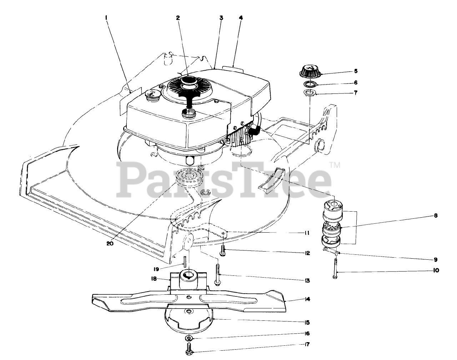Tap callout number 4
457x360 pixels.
[241, 17]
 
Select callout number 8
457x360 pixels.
[436, 216]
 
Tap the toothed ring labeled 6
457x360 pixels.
[310, 84]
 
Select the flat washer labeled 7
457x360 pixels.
[309, 93]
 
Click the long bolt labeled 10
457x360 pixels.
[335, 270]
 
